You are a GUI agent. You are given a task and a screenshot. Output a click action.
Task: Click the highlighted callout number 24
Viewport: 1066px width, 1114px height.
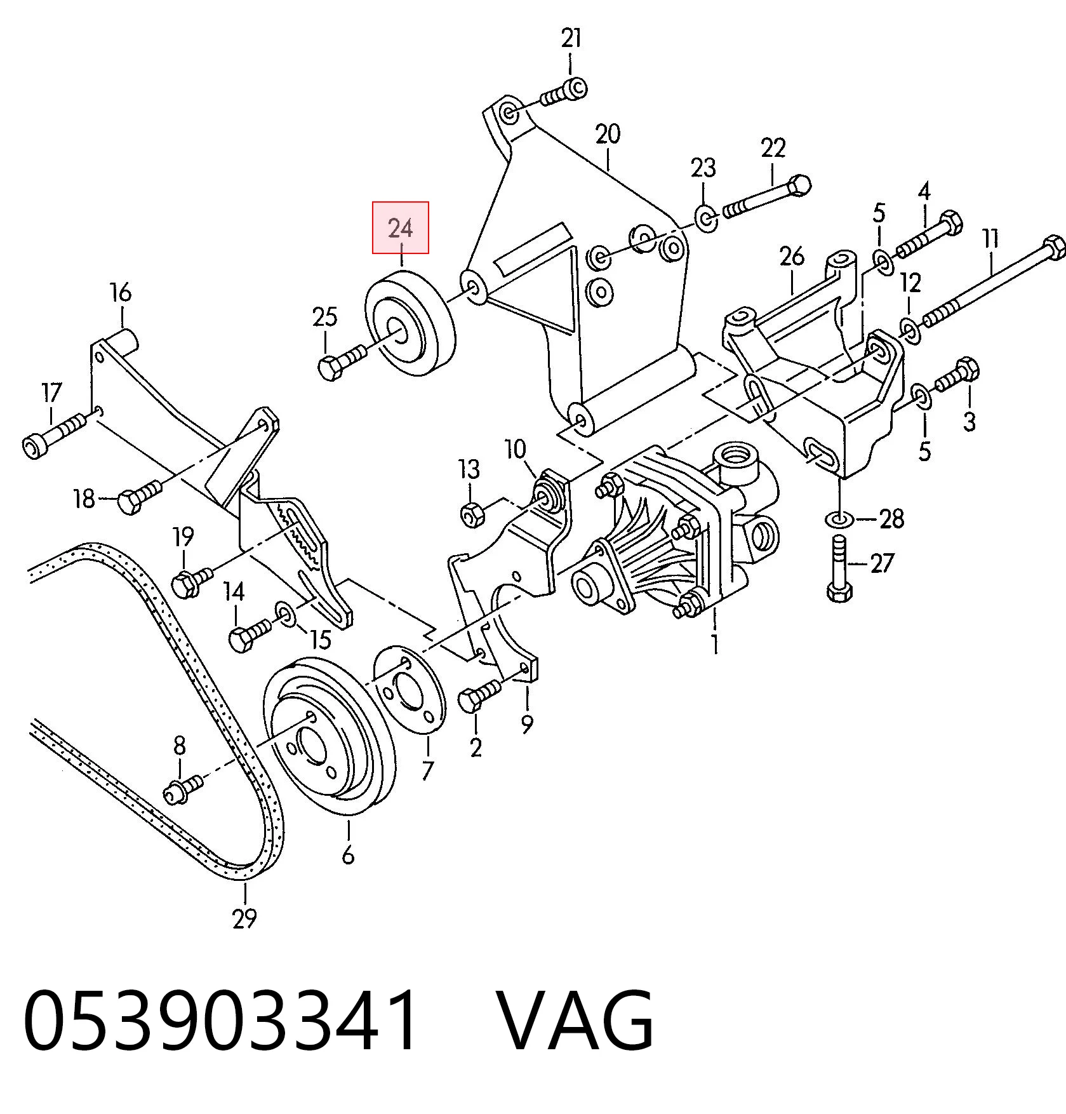(x=401, y=227)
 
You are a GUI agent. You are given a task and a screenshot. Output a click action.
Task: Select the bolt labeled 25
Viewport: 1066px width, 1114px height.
(x=343, y=361)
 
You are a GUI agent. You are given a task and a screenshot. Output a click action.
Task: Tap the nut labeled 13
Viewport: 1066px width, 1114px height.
(x=472, y=513)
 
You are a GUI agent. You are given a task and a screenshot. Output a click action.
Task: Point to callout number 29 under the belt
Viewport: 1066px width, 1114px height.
(x=244, y=918)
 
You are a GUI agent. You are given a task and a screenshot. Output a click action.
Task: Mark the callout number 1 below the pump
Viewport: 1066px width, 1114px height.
(x=716, y=643)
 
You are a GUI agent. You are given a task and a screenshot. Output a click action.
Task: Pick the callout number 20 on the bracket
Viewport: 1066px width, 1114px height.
(x=608, y=134)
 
